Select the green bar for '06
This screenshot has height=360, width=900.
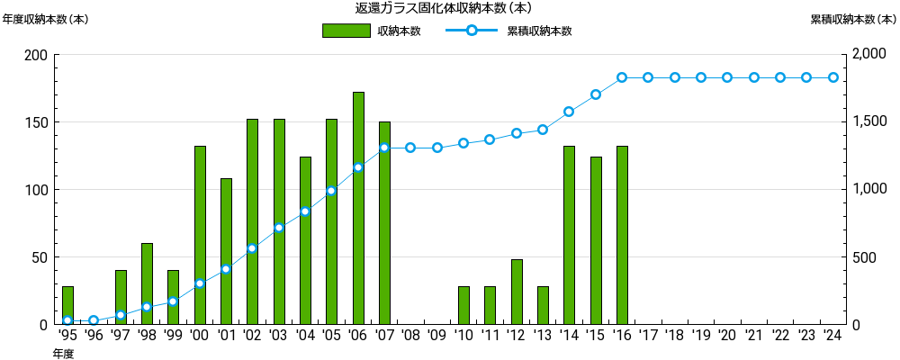[358, 208]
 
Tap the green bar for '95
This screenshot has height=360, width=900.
[67, 305]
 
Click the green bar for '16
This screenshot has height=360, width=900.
[622, 235]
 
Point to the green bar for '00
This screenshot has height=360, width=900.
[200, 235]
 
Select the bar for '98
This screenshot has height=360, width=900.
[147, 283]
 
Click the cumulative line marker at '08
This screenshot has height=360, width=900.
[410, 148]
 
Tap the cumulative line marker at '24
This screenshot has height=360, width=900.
[833, 77]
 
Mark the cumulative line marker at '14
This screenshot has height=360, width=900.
[569, 112]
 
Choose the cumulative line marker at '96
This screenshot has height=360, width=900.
[94, 320]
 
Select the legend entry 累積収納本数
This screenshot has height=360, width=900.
[509, 31]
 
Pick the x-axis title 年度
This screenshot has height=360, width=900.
[62, 354]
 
